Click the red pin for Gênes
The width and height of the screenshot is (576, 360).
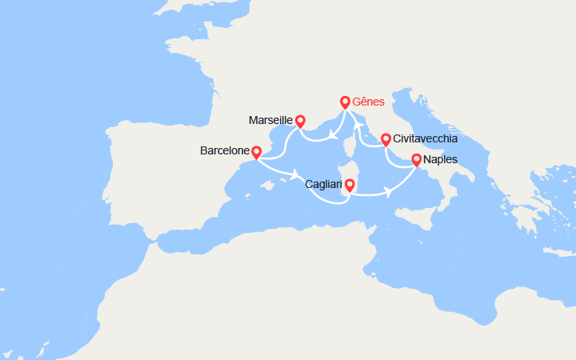346,102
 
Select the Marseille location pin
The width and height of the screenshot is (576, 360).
300,121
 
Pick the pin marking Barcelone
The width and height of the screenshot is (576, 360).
256,151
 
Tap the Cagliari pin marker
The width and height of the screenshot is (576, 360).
349,186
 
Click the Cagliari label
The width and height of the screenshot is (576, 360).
325,185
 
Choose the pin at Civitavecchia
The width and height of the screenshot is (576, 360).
386,139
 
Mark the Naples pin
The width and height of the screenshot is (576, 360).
416,160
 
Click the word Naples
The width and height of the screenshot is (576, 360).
442,160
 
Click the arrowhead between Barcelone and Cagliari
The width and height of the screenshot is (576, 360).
298,175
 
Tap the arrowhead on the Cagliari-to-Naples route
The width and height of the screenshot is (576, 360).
389,192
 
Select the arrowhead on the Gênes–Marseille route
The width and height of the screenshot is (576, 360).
330,134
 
